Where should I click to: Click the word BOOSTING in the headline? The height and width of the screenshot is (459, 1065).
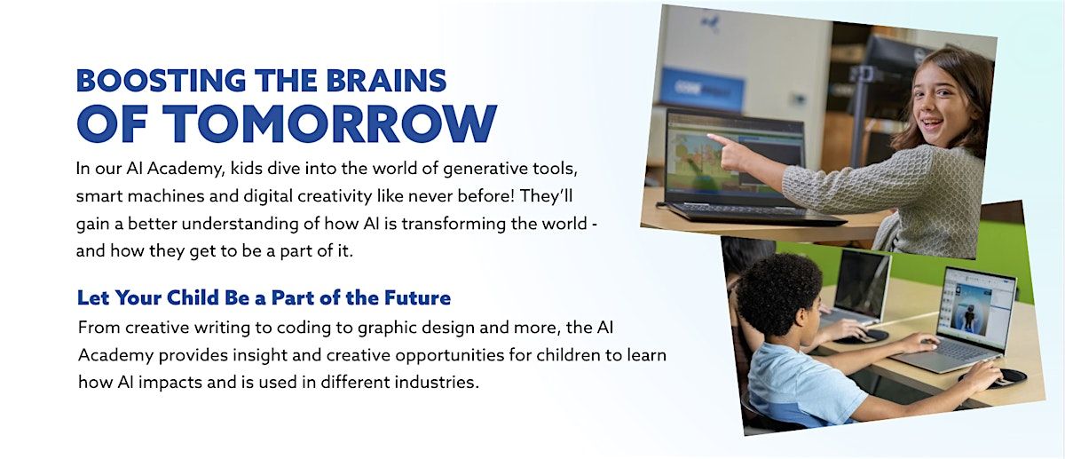(161, 81)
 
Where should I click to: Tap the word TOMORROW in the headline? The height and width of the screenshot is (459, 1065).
(329, 123)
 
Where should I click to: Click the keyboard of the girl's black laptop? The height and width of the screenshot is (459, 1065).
(742, 211)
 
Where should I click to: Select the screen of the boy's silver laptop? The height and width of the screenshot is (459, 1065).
(975, 308)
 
